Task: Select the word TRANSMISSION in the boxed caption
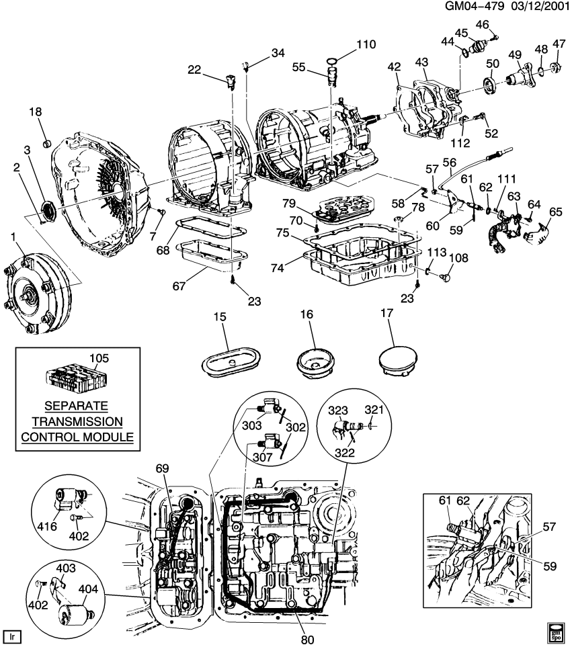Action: tap(76, 422)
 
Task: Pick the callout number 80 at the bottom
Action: tap(307, 639)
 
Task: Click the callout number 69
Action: tap(163, 468)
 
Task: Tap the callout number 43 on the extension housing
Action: tap(421, 62)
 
